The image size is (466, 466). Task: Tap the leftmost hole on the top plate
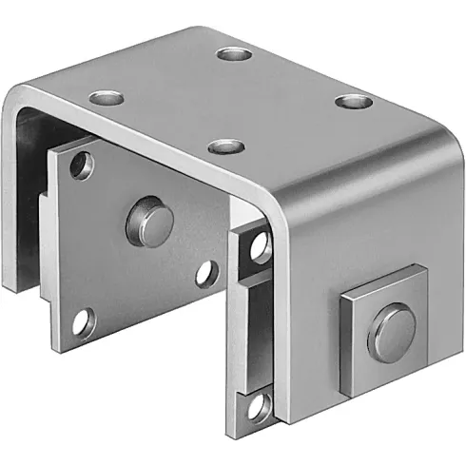point(107,97)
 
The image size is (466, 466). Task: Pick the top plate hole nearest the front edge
point(225,146)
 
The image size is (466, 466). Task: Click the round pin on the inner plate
point(150,220)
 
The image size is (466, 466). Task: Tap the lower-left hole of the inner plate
point(83,321)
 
